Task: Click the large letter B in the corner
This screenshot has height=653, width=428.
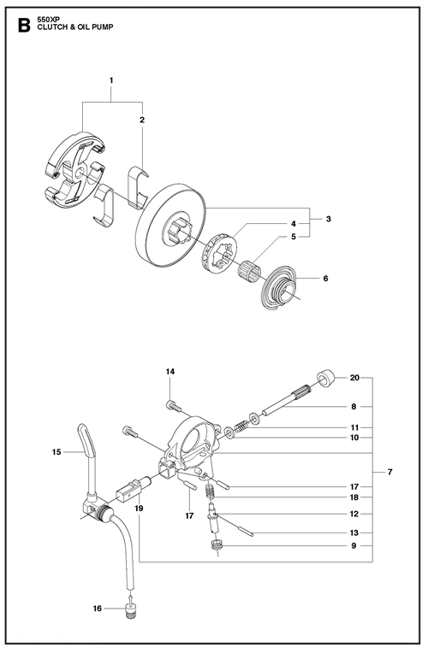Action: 24,26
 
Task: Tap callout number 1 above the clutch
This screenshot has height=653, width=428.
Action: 111,80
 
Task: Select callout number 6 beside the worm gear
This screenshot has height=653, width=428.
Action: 326,278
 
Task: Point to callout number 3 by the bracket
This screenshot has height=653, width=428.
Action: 329,219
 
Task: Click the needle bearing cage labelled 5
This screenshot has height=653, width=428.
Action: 247,268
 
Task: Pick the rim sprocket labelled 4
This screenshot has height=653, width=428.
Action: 219,250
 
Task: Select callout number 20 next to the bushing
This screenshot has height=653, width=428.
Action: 354,378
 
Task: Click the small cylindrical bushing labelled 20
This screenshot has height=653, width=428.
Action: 326,378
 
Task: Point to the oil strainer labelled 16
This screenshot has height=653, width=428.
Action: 132,609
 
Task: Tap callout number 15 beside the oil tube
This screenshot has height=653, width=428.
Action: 56,452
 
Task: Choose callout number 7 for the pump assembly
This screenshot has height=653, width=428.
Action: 390,473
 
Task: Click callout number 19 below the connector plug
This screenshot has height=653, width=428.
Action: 139,509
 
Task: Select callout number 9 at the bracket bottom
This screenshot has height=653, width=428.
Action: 354,546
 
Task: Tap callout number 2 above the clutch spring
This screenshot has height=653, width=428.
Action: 142,120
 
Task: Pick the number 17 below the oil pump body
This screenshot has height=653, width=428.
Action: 189,516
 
